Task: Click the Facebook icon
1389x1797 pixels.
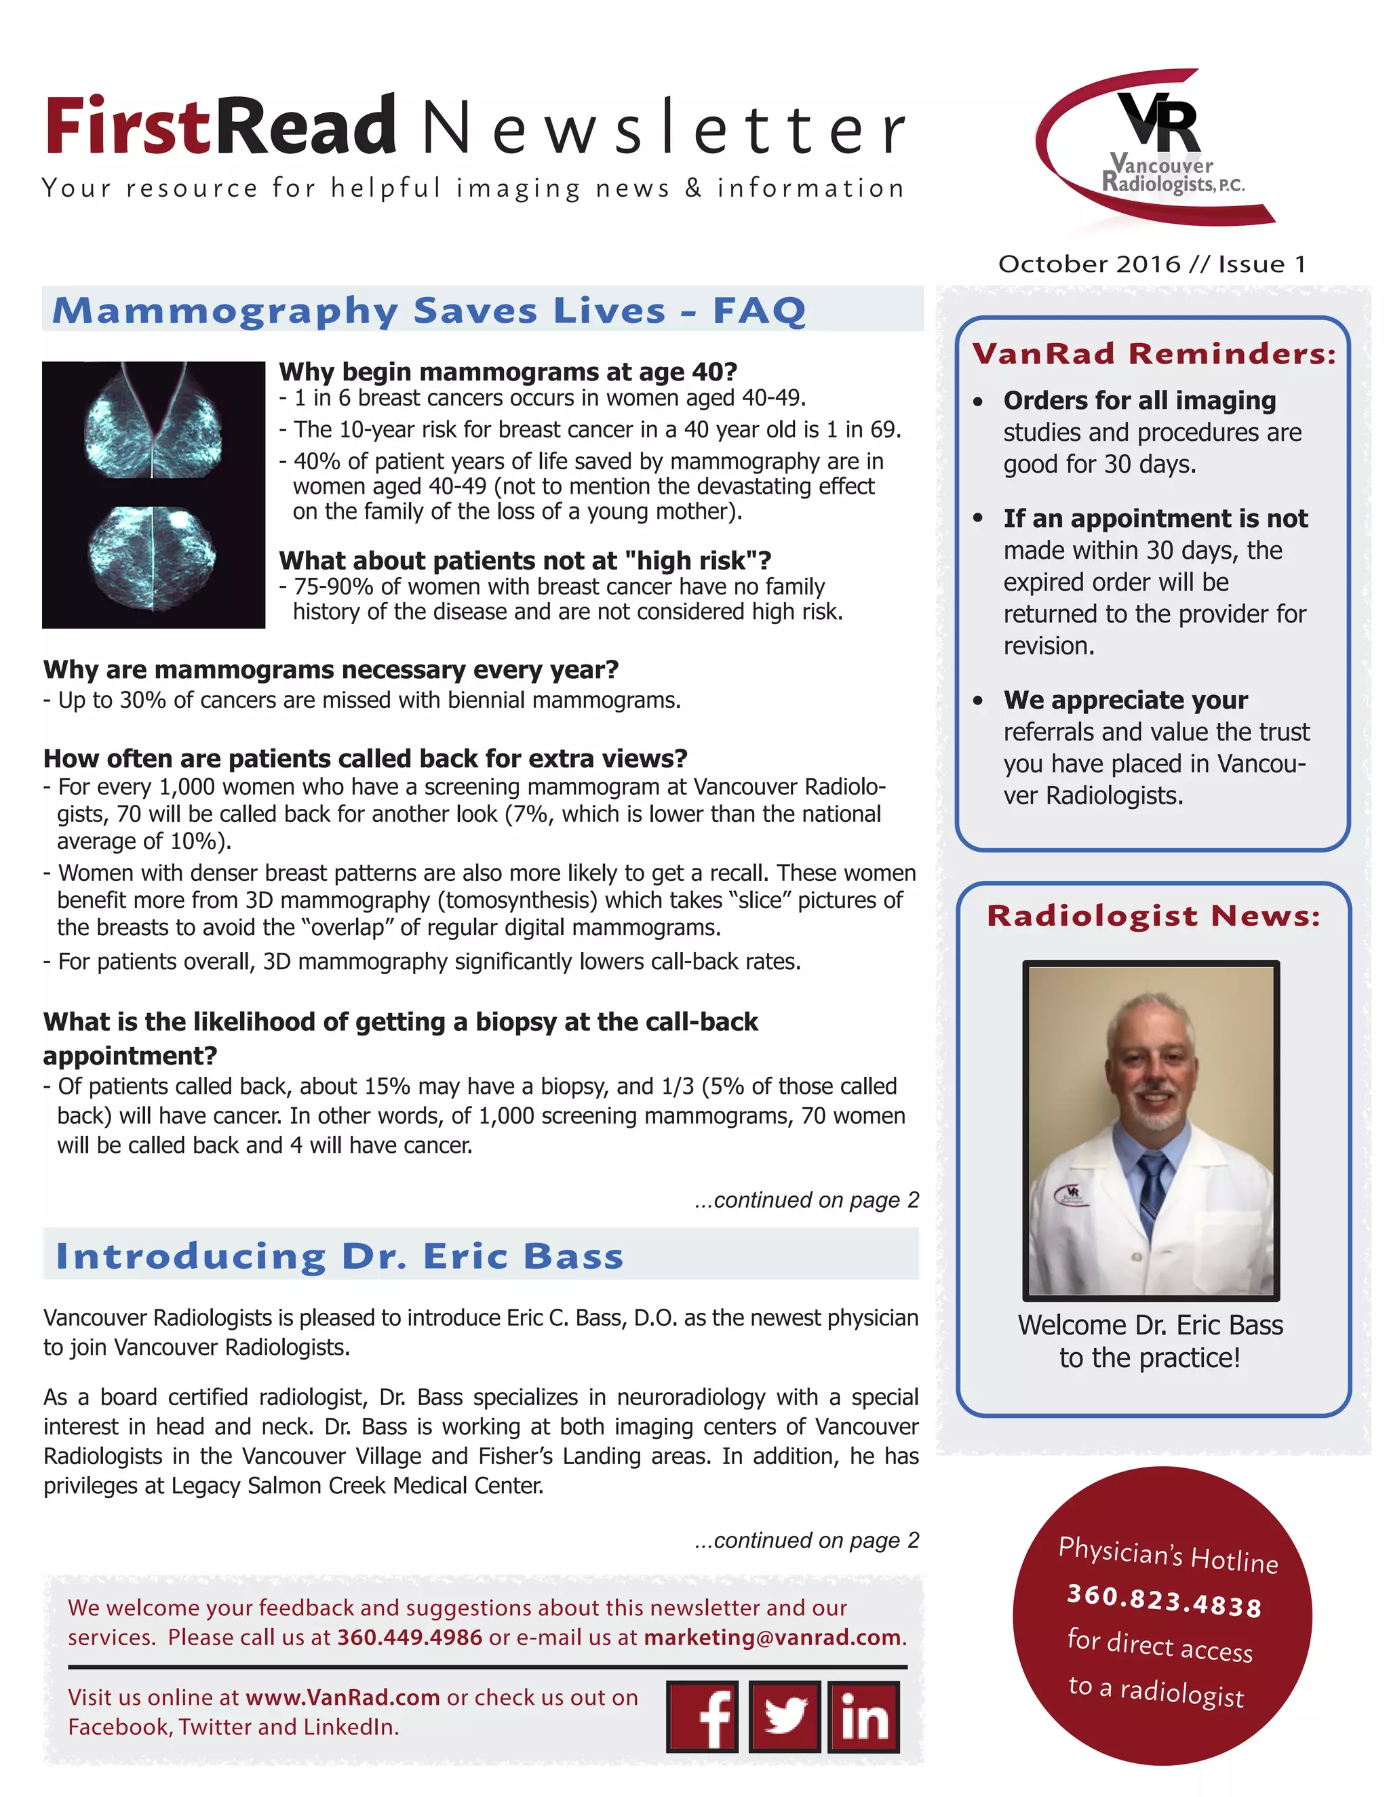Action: tap(702, 1716)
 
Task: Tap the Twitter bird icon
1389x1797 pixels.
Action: tap(784, 1716)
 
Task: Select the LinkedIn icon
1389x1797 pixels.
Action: tap(863, 1716)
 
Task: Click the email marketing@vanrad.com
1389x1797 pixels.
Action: tap(772, 1638)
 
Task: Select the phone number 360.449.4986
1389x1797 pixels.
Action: tap(410, 1638)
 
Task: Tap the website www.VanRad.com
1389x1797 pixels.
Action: tap(343, 1697)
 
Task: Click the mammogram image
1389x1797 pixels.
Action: tap(154, 494)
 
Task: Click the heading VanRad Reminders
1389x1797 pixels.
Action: tap(1154, 354)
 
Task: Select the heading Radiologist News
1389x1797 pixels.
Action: tap(1154, 915)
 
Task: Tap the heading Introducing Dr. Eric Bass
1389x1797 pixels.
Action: tap(340, 1257)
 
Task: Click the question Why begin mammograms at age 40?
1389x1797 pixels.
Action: tap(508, 372)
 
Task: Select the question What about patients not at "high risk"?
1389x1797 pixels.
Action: tap(525, 560)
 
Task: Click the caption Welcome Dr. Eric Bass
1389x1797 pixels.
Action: tap(1150, 1326)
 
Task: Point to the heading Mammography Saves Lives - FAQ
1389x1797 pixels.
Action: tap(429, 311)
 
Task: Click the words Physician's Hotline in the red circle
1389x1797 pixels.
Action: tap(1168, 1554)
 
